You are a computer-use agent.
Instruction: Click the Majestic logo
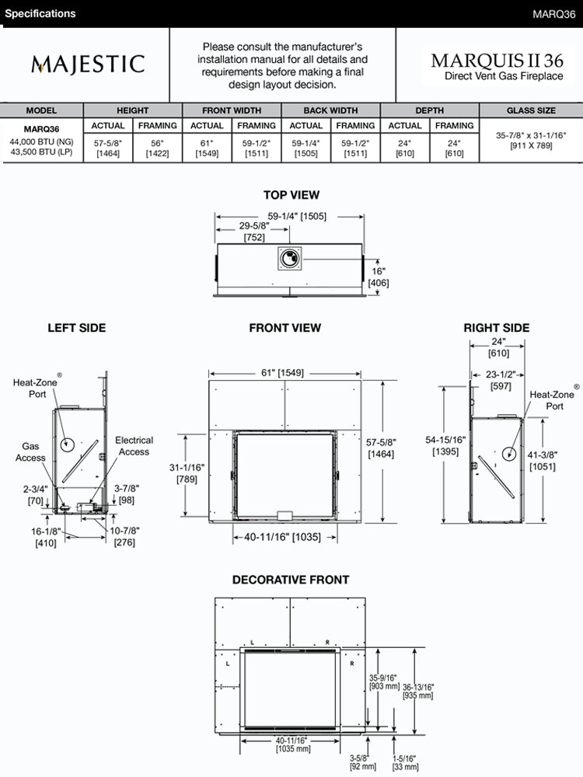point(88,64)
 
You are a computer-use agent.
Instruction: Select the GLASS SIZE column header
point(531,110)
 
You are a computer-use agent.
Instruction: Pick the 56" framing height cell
point(158,148)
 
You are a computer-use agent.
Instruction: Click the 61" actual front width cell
point(207,148)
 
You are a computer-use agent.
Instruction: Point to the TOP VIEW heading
point(291,195)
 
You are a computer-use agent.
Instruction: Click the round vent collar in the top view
point(291,259)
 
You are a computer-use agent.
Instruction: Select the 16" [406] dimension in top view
point(379,277)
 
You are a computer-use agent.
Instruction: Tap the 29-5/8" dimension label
point(255,232)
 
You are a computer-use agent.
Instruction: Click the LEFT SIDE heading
point(77,328)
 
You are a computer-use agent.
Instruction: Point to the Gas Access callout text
point(30,452)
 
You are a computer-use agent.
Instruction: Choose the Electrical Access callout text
point(134,446)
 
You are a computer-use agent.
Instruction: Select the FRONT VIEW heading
point(285,328)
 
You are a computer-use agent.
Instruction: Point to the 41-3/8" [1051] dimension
point(542,461)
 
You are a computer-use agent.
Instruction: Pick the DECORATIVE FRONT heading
point(291,580)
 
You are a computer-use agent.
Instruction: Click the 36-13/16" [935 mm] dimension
point(418,692)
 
